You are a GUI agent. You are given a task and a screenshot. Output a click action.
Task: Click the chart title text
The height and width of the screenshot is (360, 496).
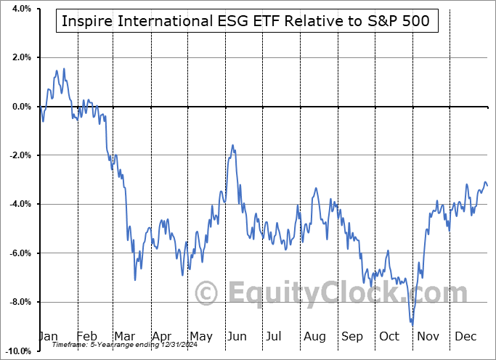pyautogui.click(x=246, y=21)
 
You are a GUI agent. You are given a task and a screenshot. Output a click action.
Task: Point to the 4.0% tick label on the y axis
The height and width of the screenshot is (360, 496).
pyautogui.click(x=20, y=9)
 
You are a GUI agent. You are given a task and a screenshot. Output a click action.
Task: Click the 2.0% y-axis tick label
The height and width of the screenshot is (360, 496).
pyautogui.click(x=20, y=57)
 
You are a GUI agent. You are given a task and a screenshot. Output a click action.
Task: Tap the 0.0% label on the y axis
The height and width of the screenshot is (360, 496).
pyautogui.click(x=20, y=107)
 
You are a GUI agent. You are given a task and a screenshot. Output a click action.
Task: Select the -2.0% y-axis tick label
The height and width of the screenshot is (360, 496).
pyautogui.click(x=18, y=155)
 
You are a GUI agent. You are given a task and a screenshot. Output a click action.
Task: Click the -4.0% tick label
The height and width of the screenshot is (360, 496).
pyautogui.click(x=18, y=204)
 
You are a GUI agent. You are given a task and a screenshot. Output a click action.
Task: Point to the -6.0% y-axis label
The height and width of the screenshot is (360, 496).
pyautogui.click(x=18, y=253)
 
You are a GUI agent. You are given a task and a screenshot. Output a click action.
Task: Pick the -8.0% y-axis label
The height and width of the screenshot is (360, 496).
pyautogui.click(x=18, y=302)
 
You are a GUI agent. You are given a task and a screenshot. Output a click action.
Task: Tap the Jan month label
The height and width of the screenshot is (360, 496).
pyautogui.click(x=49, y=337)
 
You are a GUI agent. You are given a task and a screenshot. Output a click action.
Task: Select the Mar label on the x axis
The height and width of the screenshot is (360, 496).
pyautogui.click(x=125, y=337)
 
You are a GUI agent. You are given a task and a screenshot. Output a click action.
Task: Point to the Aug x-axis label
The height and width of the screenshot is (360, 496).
pyautogui.click(x=314, y=337)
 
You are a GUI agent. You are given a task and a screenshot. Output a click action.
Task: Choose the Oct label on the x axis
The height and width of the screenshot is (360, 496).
pyautogui.click(x=389, y=337)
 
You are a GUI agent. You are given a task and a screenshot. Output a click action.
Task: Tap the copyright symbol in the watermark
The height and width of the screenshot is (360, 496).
pyautogui.click(x=208, y=295)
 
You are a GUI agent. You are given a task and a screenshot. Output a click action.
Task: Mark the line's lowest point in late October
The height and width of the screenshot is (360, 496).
pyautogui.click(x=412, y=324)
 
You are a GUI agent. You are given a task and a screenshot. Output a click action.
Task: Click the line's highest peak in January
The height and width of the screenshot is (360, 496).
pyautogui.click(x=64, y=69)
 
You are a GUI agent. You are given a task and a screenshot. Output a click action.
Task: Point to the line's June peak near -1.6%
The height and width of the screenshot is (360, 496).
pyautogui.click(x=233, y=145)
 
